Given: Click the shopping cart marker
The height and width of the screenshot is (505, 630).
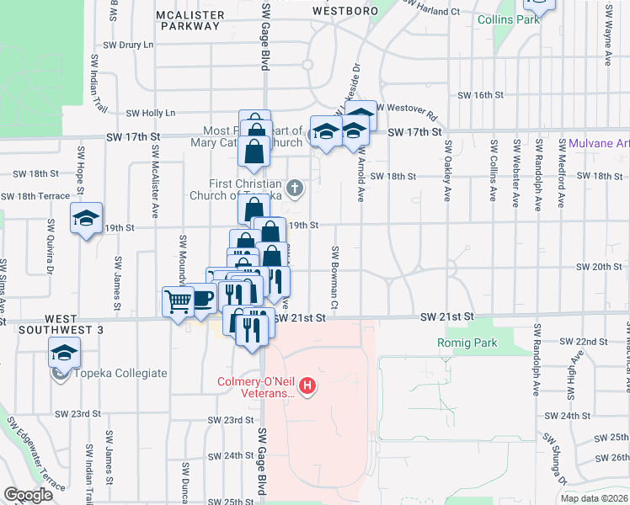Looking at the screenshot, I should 178,301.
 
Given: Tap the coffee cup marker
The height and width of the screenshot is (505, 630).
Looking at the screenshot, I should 202,300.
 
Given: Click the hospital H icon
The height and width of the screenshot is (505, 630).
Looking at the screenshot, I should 308,386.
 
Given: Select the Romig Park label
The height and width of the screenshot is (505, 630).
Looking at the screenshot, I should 467,343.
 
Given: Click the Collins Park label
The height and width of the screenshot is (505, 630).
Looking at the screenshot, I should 508,19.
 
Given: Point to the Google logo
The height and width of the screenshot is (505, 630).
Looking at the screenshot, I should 28,495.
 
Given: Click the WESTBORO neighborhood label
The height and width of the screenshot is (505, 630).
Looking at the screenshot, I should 343,11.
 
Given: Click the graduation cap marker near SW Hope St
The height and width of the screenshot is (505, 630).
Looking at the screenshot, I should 85,219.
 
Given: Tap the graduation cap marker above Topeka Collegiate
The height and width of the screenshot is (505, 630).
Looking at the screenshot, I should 62,353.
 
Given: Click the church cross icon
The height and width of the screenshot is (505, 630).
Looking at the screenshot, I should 295,189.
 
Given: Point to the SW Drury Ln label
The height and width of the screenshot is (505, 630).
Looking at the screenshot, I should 128,44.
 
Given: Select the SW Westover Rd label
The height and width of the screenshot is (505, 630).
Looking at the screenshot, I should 408,108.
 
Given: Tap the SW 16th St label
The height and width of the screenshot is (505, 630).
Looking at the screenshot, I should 479,95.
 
